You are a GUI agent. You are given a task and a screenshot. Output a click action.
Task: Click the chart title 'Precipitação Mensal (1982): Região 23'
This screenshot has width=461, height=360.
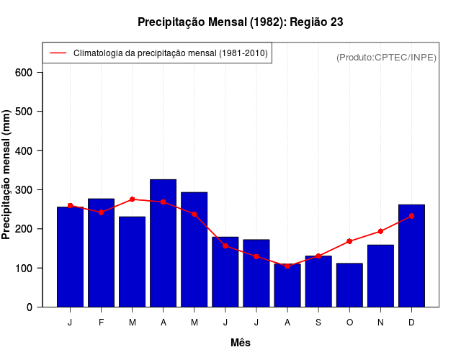point(240,22)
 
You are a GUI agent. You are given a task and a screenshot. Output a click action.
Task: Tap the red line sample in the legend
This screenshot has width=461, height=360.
point(58,53)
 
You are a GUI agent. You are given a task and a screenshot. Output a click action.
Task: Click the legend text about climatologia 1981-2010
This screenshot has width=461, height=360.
point(170,53)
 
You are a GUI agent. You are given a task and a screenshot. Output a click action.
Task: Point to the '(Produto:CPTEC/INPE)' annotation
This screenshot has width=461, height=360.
point(387,57)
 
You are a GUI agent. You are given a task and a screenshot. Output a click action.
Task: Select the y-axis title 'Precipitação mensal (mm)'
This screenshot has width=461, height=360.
point(7,175)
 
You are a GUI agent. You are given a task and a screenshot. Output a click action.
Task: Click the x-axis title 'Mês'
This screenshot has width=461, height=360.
point(241,343)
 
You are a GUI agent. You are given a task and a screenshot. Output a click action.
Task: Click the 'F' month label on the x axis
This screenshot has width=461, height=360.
point(102,323)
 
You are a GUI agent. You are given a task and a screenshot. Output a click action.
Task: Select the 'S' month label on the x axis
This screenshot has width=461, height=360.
point(318,323)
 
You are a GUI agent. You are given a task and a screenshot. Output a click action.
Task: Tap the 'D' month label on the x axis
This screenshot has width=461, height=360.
point(411,323)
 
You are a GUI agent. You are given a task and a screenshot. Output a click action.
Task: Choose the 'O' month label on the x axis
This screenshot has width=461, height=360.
point(349,323)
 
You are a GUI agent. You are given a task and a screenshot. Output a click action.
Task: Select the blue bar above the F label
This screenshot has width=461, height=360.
point(102,252)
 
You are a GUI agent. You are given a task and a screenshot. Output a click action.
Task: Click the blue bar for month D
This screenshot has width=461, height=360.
point(411,256)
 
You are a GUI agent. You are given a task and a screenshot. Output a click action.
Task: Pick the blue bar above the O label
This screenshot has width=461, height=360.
point(349,285)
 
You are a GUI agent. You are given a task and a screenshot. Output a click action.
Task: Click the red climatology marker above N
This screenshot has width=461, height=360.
point(380,231)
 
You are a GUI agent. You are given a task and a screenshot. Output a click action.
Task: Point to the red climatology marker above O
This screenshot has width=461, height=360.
point(349,241)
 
